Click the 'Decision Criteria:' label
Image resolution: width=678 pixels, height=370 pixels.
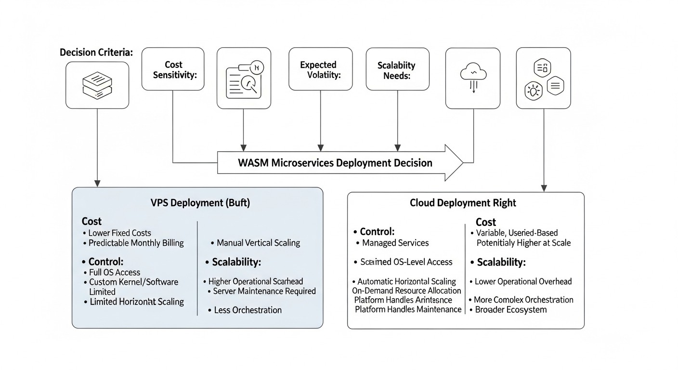coord(96,53)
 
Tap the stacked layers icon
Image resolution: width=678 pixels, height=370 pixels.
coord(97,85)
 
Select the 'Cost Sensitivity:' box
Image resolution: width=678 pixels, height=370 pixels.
coord(173,69)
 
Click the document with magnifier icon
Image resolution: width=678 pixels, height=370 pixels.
coord(244,79)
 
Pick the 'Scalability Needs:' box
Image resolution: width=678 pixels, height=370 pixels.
coord(397,69)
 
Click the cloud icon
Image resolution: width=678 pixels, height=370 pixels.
coord(473,78)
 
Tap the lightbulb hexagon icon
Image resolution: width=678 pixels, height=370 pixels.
coord(533,90)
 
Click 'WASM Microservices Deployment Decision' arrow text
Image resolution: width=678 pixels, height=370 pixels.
coord(335,163)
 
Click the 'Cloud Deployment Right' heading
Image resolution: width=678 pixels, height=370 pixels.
coord(463,203)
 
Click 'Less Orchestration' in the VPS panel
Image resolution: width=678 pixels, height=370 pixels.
coord(248,310)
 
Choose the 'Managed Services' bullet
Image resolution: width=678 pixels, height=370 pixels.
coord(395,243)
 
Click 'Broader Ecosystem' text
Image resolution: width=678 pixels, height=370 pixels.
coord(510,310)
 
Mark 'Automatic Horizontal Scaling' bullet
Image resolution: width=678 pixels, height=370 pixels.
coord(406,281)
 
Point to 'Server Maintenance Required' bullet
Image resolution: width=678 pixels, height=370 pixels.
coord(264,291)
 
